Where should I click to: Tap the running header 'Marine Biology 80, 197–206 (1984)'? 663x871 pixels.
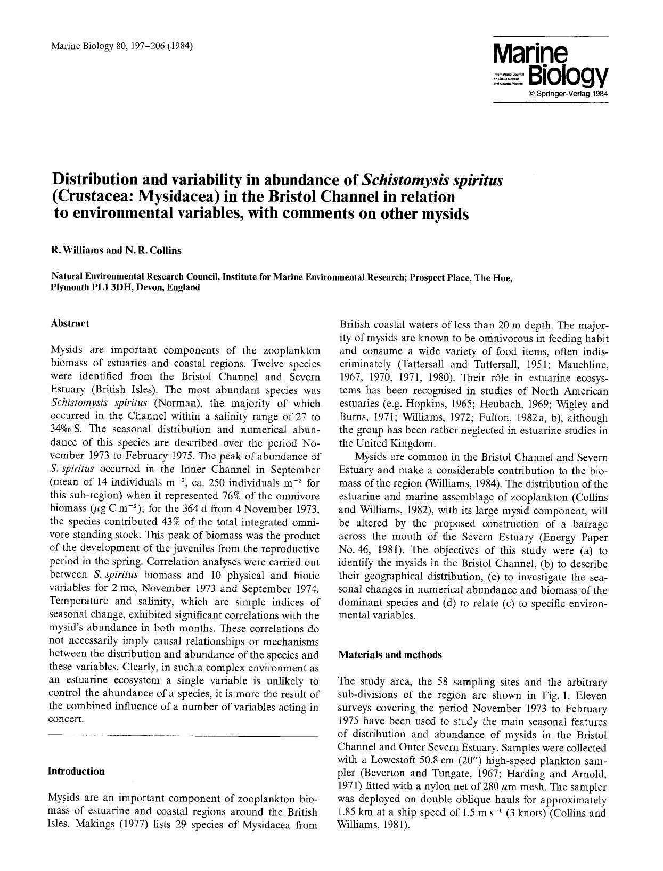click(x=121, y=45)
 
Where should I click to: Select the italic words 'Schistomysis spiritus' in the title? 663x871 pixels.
click(x=432, y=180)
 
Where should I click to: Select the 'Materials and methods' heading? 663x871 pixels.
click(x=390, y=655)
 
